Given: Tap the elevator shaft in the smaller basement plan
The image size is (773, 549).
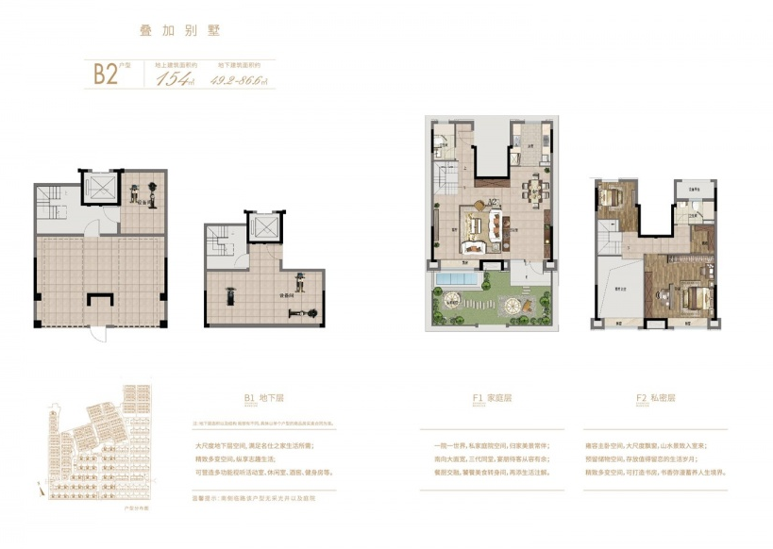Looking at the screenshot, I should coord(261,227).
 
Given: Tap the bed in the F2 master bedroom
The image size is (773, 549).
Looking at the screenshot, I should coord(692,299).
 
